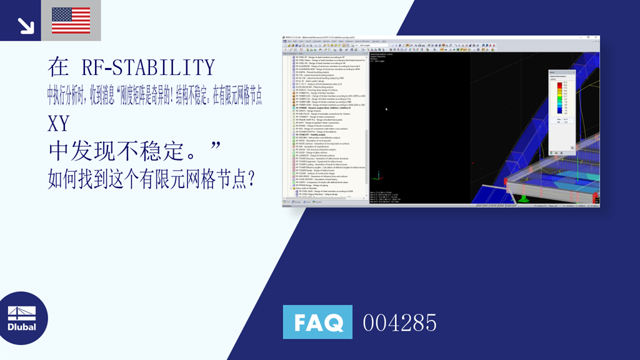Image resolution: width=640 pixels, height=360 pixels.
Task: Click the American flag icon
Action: click(71, 20)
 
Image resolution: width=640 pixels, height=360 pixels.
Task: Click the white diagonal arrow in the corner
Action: click(26, 25)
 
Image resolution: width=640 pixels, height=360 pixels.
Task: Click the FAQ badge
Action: click(317, 322)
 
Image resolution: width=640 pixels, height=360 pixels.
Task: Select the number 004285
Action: click(399, 322)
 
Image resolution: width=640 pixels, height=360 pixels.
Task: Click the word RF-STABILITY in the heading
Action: click(147, 67)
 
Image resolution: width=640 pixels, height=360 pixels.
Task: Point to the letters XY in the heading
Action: click(58, 124)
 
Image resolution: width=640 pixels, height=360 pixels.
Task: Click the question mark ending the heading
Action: click(250, 180)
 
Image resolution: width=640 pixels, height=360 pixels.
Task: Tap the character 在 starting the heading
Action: click(58, 67)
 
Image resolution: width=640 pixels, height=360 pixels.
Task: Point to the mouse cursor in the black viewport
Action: click(386, 109)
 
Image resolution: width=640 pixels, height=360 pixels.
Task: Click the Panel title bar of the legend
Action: click(561, 72)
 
